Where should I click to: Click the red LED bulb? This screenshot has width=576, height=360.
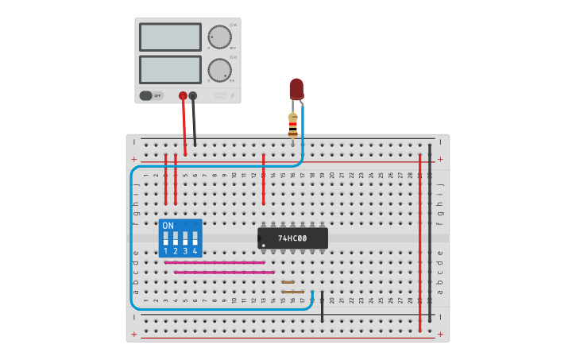(x=296, y=87)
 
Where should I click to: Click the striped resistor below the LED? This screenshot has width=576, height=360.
(x=292, y=125)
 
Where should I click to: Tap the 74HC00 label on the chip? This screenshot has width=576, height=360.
(x=292, y=238)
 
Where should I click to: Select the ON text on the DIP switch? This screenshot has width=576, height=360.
(x=168, y=226)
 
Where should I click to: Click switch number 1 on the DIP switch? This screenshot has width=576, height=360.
(x=165, y=238)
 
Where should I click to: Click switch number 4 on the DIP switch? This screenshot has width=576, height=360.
(x=195, y=238)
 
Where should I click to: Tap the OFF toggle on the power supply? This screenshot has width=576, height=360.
(x=151, y=95)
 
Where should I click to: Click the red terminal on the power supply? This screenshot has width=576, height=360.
(x=183, y=95)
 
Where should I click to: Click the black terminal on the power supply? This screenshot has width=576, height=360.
(x=193, y=95)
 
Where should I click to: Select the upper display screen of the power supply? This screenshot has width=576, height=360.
(x=170, y=37)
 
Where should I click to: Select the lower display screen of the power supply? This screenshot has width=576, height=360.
(x=170, y=69)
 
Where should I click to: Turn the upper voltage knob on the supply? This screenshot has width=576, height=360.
(x=219, y=37)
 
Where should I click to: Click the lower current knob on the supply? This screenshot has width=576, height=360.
(x=219, y=70)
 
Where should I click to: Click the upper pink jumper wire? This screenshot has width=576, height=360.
(x=215, y=262)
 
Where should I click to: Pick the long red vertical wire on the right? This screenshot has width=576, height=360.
(x=420, y=238)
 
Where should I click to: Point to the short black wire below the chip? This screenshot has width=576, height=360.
(x=322, y=308)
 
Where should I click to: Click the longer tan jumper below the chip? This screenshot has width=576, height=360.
(x=292, y=292)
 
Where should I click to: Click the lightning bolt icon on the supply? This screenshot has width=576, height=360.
(x=232, y=95)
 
